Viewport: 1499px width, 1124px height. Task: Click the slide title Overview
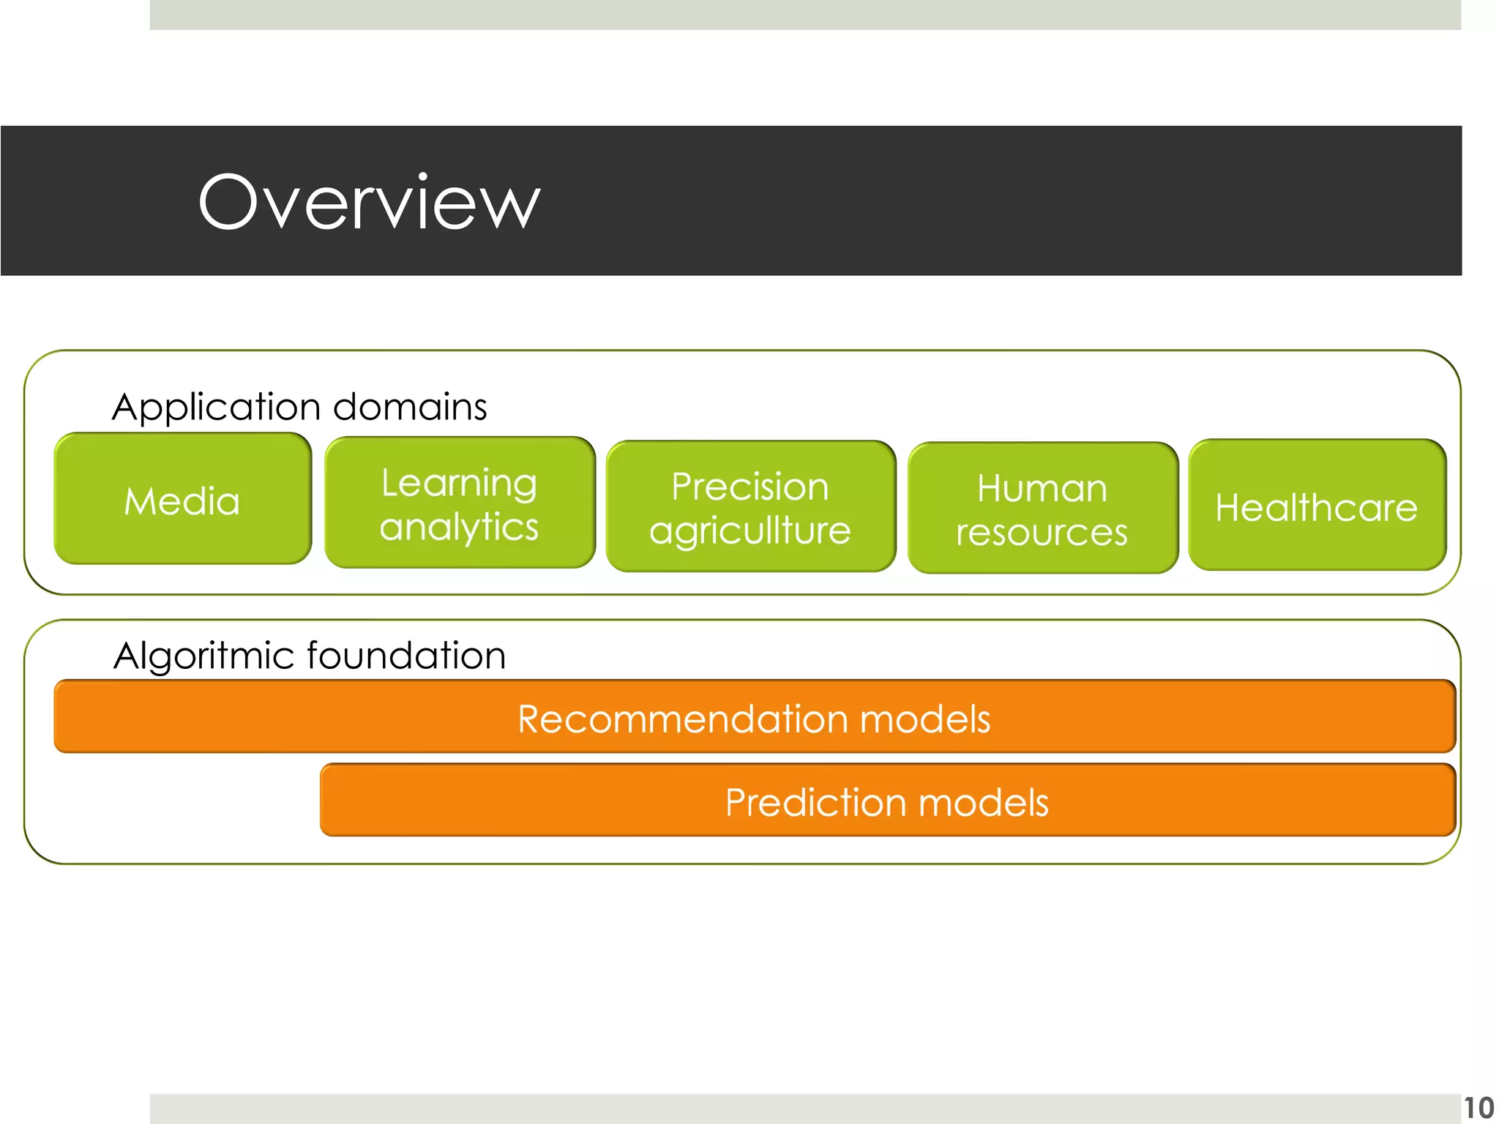pos(369,203)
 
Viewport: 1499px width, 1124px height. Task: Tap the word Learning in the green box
pos(459,484)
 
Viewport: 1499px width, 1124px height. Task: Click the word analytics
pos(459,528)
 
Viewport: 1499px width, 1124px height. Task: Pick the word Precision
pos(749,487)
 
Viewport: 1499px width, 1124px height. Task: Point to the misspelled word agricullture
pos(749,531)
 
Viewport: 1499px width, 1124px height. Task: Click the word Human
pos(1042,488)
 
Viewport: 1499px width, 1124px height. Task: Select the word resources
pos(1042,533)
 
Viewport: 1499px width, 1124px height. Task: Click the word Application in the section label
pos(217,408)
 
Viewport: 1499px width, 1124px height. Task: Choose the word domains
pos(410,406)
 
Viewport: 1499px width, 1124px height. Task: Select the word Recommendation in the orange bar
pos(684,719)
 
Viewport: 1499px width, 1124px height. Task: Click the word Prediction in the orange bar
pos(817,802)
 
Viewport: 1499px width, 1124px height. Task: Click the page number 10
pos(1478,1107)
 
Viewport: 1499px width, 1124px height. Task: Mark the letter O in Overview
pos(230,203)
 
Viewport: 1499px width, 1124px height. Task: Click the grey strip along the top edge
pos(805,15)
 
